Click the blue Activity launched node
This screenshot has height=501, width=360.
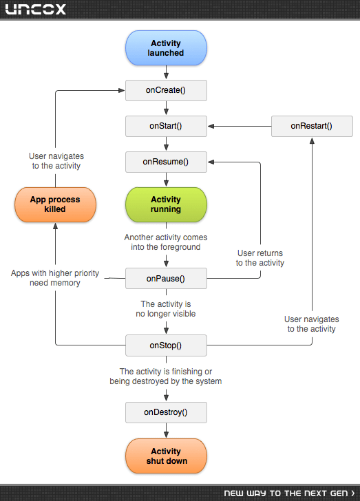166,48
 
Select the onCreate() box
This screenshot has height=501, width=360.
166,90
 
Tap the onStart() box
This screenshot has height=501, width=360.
166,126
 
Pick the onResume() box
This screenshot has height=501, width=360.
166,162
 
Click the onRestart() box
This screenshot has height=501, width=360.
312,126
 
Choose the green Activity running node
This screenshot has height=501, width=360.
166,204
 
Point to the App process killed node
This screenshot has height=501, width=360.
55,204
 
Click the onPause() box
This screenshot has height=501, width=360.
166,279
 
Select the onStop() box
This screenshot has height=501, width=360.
166,345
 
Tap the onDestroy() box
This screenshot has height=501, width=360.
166,412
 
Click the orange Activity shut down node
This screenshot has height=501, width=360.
166,456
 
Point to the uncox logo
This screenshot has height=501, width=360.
36,9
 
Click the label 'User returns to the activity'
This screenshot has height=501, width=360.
260,258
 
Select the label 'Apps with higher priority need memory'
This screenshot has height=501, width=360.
55,278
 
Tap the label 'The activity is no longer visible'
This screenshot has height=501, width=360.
166,308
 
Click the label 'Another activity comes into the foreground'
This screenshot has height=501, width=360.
166,242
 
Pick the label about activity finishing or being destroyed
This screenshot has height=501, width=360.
166,376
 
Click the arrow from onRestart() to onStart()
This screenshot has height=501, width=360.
240,126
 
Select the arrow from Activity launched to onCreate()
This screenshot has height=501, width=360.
166,72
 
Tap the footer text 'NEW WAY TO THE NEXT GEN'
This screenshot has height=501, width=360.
289,493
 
